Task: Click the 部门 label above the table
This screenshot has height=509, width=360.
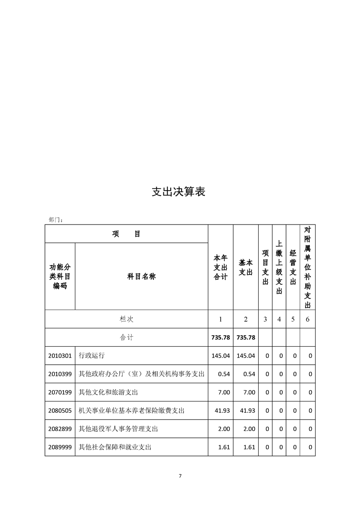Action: [x=55, y=220]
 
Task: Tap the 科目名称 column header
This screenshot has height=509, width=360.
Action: [x=141, y=276]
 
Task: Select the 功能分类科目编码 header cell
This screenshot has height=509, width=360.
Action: [x=59, y=276]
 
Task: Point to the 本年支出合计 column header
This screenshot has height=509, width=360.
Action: [x=221, y=267]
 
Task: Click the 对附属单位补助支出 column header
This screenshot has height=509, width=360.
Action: [x=308, y=268]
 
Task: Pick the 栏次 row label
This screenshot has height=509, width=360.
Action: [x=126, y=319]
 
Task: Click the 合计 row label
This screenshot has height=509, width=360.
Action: [x=126, y=338]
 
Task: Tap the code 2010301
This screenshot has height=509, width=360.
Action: [x=59, y=356]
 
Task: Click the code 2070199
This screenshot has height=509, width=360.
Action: [x=59, y=392]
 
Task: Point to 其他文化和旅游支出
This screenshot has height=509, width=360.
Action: [x=108, y=392]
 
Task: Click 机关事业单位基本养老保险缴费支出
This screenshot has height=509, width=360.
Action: [x=132, y=411]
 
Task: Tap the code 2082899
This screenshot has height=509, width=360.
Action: [x=59, y=429]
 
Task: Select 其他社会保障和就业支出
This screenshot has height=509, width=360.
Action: [x=114, y=447]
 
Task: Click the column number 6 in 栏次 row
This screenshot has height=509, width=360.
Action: [x=308, y=319]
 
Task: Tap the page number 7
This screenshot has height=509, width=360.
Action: [x=180, y=476]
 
